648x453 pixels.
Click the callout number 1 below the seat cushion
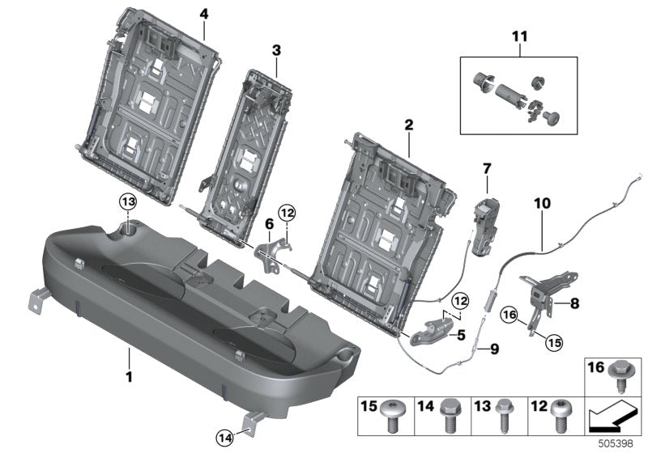click(x=128, y=375)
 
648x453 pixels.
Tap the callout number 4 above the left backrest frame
click(x=203, y=14)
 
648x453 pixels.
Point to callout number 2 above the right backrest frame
click(x=409, y=125)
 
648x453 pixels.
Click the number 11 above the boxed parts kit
click(x=518, y=37)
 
